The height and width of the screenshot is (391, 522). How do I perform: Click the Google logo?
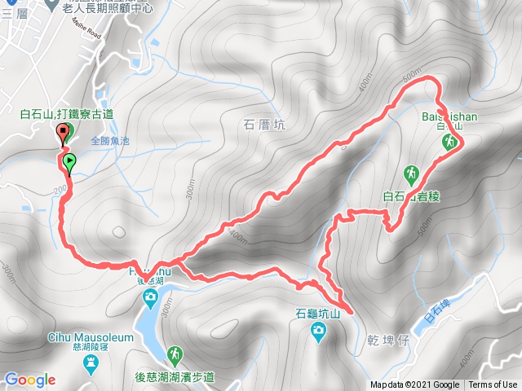tap(29, 380)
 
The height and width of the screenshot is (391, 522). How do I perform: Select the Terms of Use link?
tap(493, 385)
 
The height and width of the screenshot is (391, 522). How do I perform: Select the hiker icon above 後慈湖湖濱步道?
tap(175, 354)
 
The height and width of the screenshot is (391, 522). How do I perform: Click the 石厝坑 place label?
tap(264, 125)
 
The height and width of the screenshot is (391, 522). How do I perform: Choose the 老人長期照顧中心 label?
tap(108, 7)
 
